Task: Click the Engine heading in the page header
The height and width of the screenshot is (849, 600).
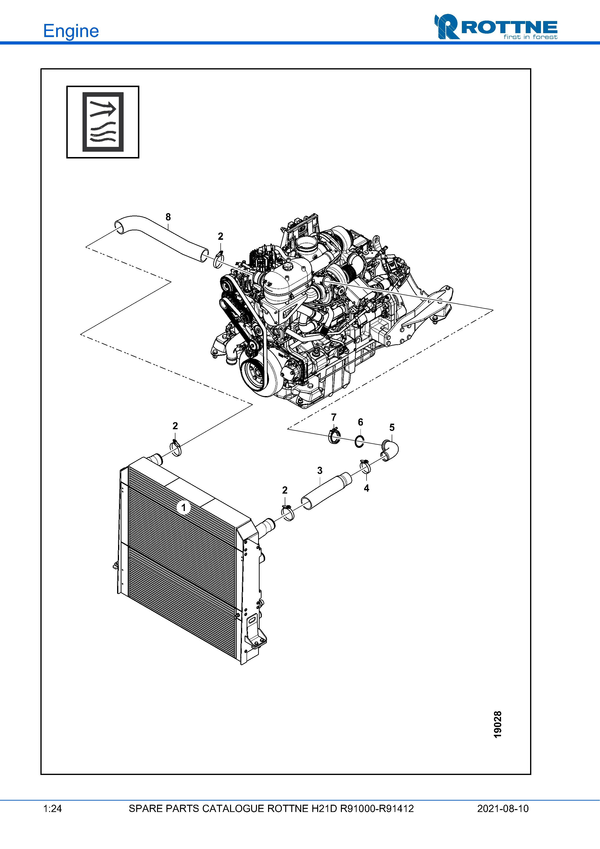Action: coord(71,31)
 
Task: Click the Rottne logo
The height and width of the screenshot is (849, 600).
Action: coord(496,27)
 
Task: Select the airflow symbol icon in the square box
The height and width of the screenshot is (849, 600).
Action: coord(103,122)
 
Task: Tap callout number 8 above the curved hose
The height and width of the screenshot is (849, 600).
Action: coord(168,217)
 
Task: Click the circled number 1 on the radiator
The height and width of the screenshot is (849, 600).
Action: coord(183,507)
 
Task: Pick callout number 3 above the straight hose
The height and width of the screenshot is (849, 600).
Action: coord(320,470)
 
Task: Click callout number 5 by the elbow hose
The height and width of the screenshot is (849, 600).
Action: coord(392,428)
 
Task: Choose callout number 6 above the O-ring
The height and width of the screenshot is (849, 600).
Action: coord(360,422)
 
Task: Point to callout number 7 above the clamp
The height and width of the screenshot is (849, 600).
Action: coord(334,417)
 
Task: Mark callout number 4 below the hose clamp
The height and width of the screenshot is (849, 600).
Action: coord(366,488)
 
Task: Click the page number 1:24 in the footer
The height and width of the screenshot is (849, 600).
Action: coord(52,808)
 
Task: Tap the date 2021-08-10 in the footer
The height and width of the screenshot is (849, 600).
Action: coord(503,808)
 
